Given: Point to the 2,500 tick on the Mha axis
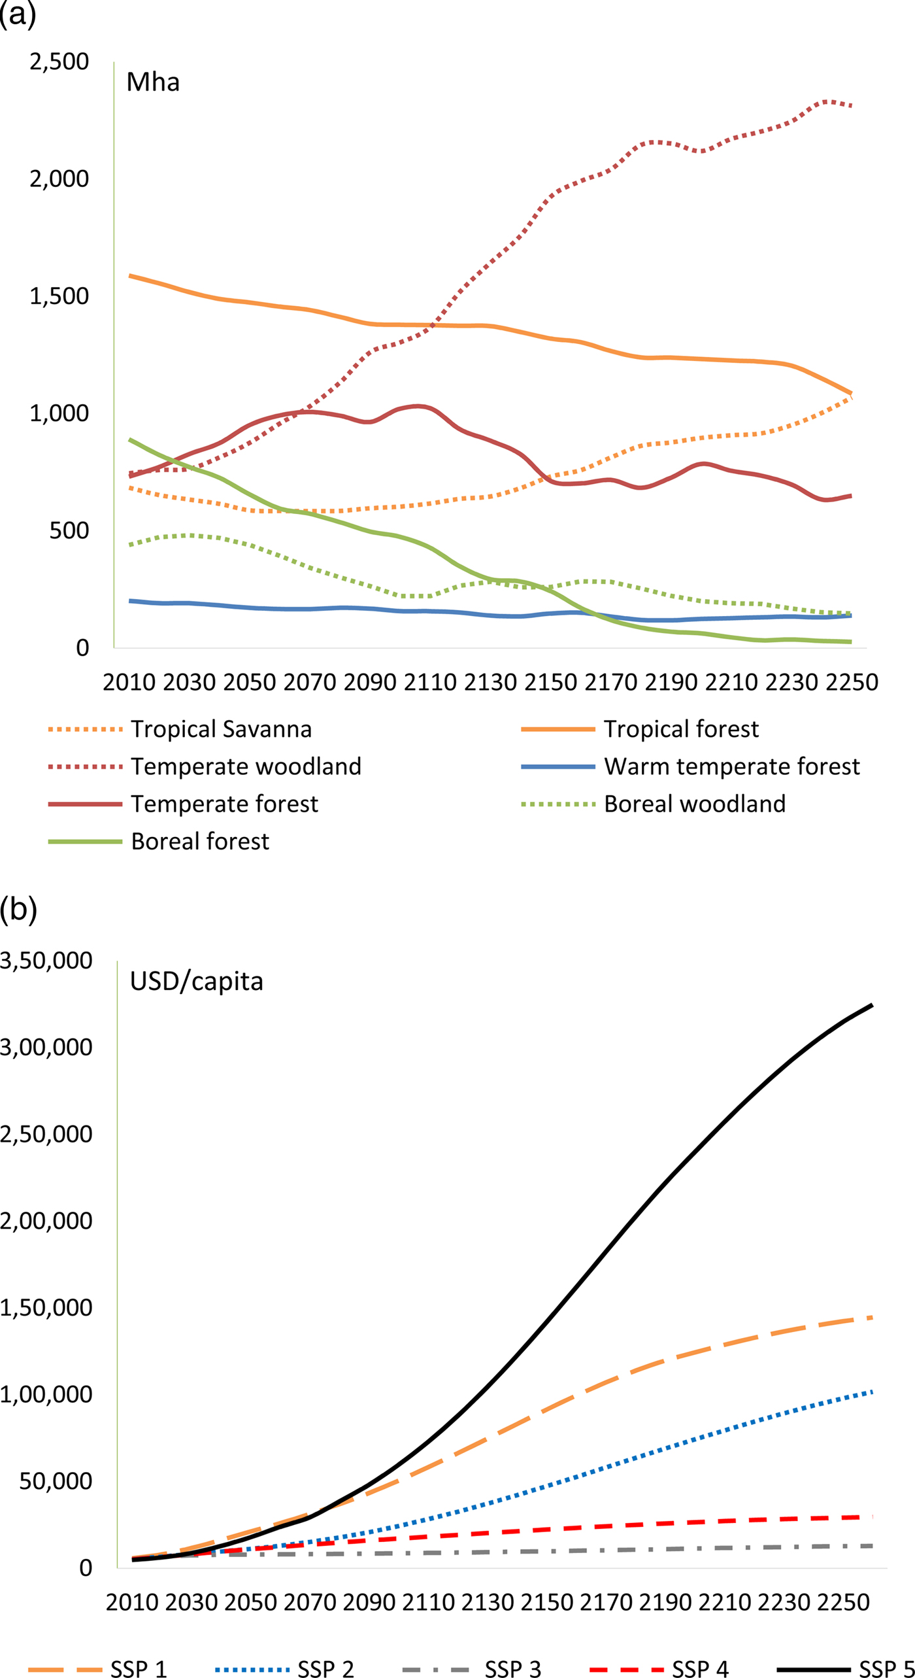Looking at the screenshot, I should (59, 61).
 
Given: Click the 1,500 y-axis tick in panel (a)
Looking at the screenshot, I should (59, 296).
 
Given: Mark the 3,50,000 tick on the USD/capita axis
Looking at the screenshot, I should (46, 961).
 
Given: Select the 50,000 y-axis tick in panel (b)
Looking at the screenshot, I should (56, 1481).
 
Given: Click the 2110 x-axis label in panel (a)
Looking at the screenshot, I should (429, 682).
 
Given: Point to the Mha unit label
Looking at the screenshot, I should (153, 82).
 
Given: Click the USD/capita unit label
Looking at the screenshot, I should (196, 982).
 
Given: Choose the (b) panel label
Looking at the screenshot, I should (18, 909).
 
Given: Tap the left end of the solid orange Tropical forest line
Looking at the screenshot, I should (130, 276).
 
